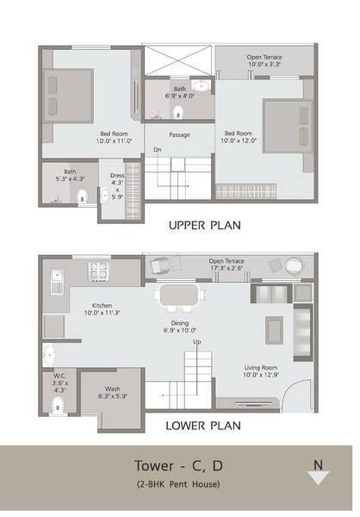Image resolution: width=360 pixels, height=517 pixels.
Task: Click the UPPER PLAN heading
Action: click(204, 226)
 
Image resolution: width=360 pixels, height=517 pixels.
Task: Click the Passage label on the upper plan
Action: click(179, 134)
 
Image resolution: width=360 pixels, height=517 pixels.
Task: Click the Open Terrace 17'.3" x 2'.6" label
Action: click(227, 263)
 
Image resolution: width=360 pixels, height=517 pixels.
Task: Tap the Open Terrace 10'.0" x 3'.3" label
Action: click(264, 60)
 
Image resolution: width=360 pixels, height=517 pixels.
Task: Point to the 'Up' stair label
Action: click(196, 342)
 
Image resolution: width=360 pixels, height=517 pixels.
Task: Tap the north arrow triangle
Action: click(318, 478)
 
